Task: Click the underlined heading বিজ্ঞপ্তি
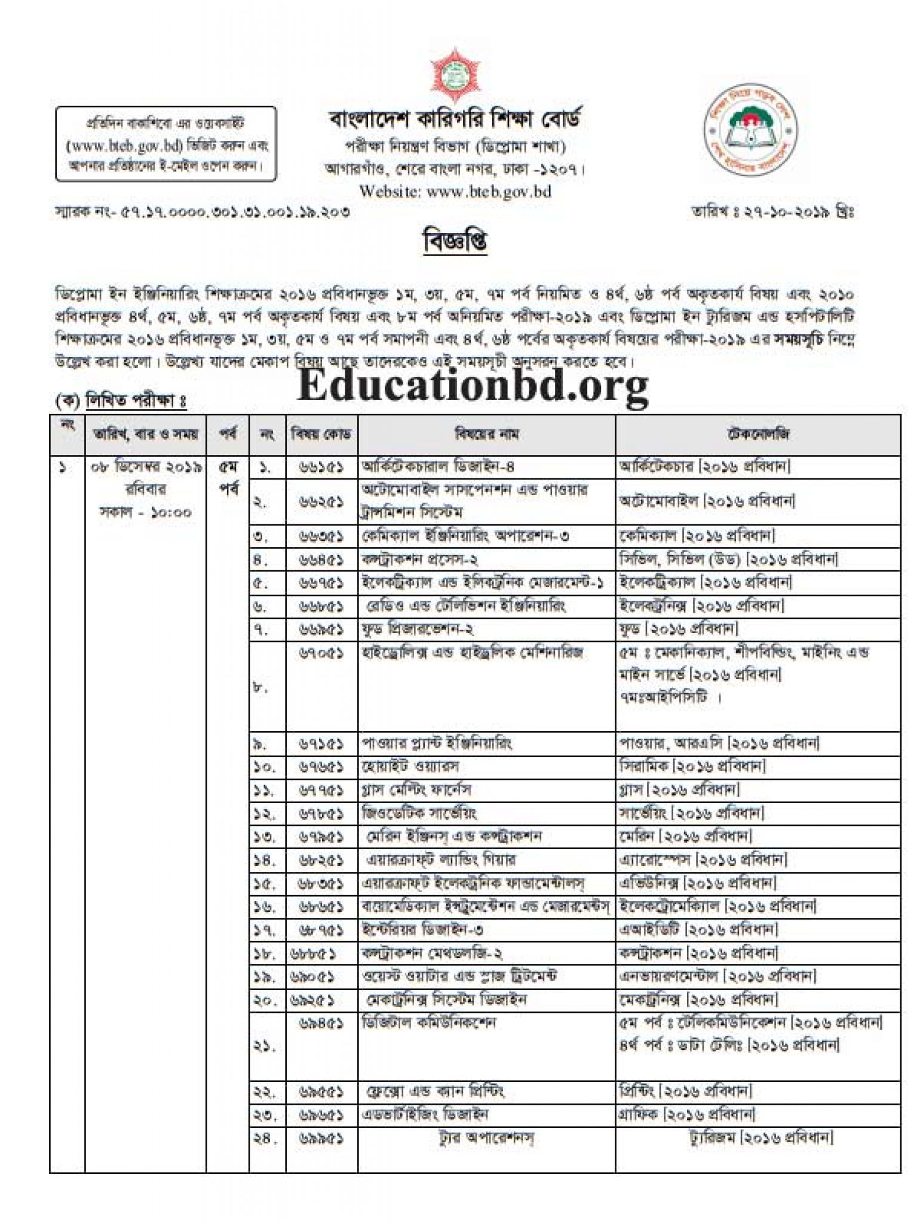pyautogui.click(x=455, y=241)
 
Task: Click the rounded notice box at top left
pyautogui.click(x=166, y=144)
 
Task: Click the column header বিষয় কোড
pyautogui.click(x=321, y=434)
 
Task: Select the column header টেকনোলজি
pyautogui.click(x=757, y=434)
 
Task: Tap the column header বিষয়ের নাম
pyautogui.click(x=486, y=434)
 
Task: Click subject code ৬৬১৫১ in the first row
pyautogui.click(x=321, y=467)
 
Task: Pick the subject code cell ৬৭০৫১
pyautogui.click(x=321, y=653)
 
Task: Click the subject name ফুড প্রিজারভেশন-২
pyautogui.click(x=418, y=629)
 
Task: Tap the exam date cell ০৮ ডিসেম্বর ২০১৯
pyautogui.click(x=146, y=467)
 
